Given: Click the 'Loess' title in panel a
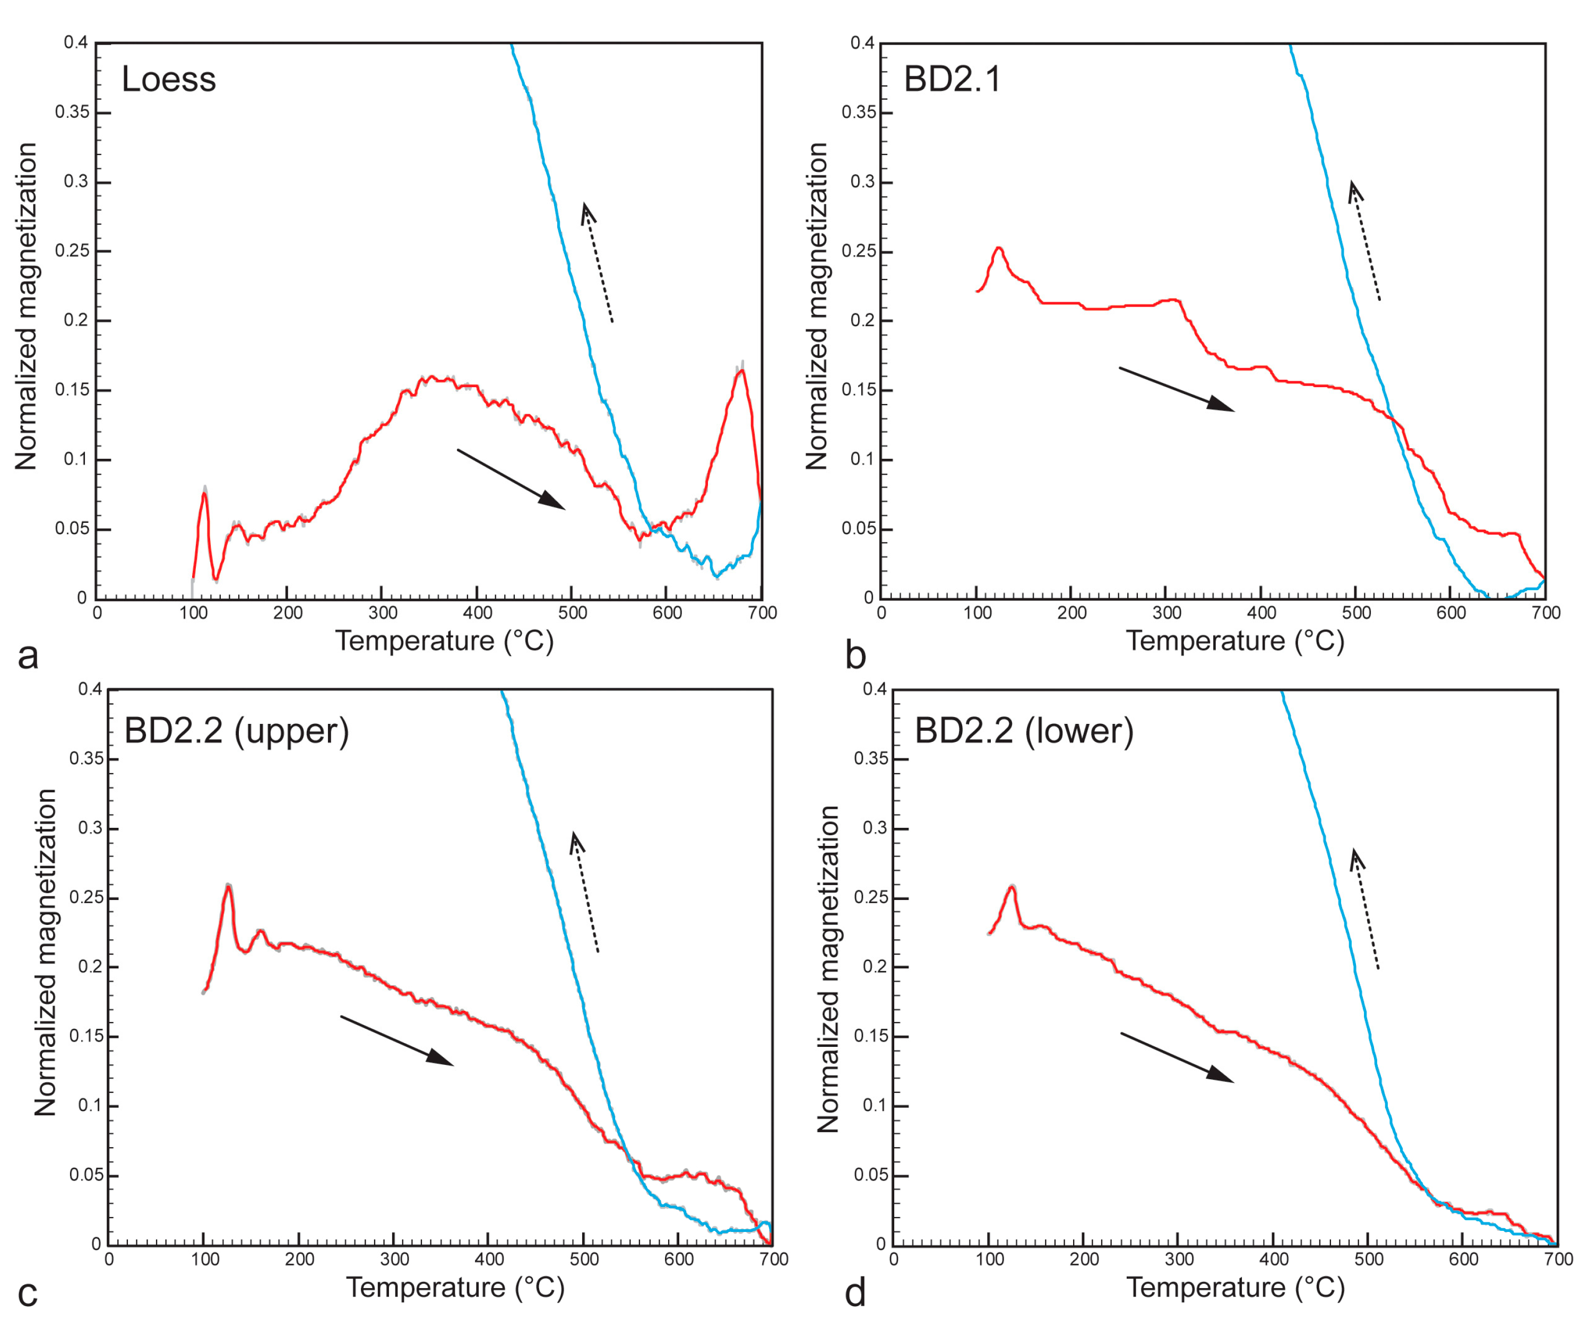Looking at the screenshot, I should click(168, 80).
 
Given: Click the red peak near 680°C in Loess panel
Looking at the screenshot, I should click(741, 371).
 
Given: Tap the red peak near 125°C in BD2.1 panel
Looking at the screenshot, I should click(999, 248).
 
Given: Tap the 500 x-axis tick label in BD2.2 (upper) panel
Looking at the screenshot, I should click(584, 1259).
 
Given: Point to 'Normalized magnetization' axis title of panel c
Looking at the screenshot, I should click(46, 952).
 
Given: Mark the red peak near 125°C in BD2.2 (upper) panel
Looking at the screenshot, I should click(228, 886).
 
